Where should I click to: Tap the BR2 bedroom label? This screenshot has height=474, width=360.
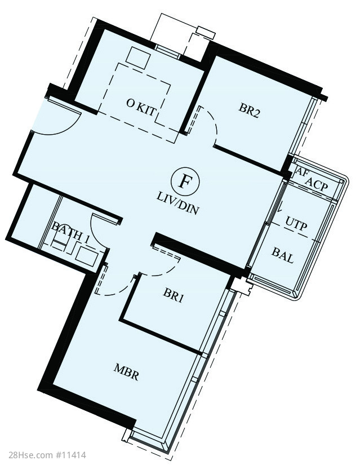point(250,110)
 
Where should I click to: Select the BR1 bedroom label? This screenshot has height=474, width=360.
point(173,295)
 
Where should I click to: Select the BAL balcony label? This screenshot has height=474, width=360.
point(283,255)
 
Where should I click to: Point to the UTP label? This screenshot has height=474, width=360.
point(296,224)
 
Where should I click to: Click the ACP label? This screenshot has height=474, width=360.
point(317,185)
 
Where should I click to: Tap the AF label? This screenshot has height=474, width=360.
point(301,172)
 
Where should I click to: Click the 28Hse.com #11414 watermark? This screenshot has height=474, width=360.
point(43,455)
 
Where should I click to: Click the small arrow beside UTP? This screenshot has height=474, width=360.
point(280,209)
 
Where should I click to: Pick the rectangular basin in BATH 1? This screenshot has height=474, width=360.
point(87,256)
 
